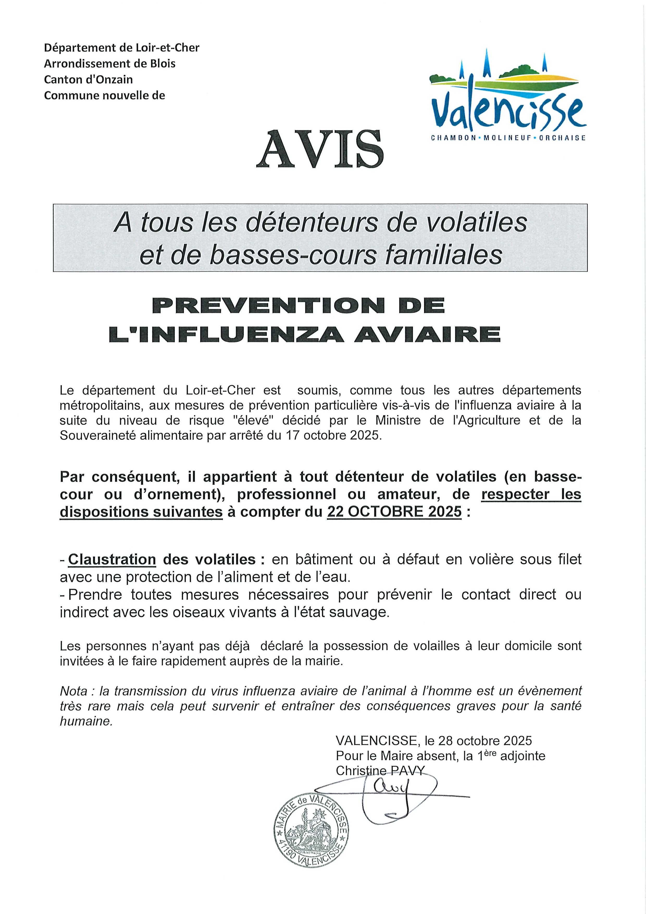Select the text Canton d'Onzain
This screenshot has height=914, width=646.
[x=88, y=80]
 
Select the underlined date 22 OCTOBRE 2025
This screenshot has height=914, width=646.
[x=394, y=511]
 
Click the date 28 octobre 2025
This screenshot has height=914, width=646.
[x=485, y=740]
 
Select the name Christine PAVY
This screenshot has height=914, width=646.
[x=380, y=771]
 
